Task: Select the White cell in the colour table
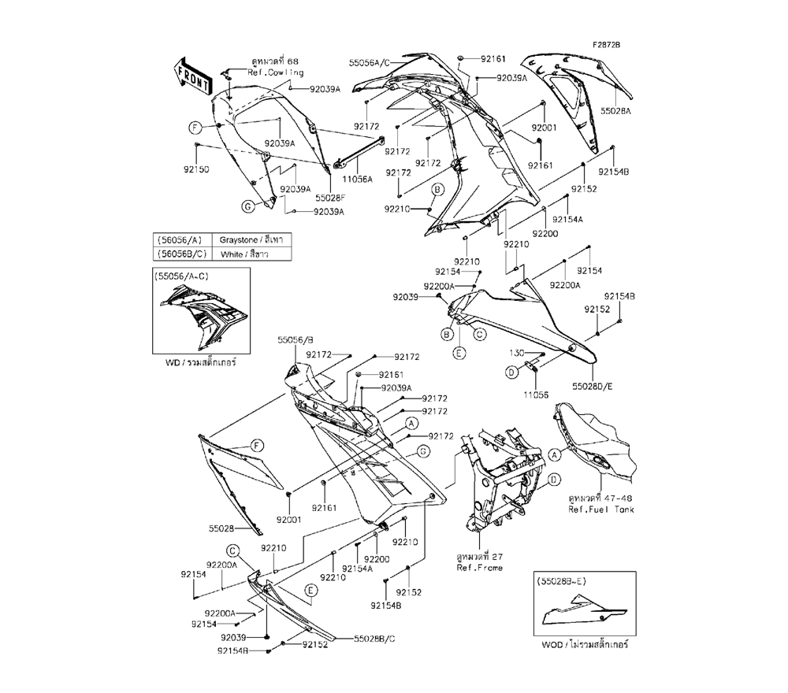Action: (x=243, y=254)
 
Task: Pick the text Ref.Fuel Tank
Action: (x=601, y=510)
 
